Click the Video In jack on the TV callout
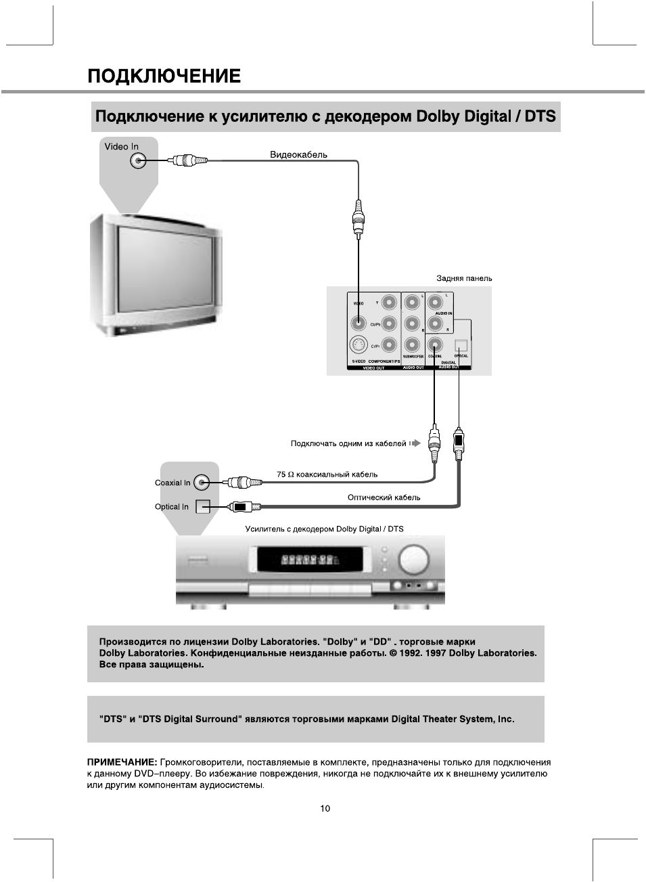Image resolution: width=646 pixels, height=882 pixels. tap(138, 160)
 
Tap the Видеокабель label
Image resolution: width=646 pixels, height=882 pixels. tap(298, 154)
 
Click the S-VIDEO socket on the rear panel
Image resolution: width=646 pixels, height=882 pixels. tap(359, 346)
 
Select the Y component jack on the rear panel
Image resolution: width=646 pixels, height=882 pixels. tap(389, 302)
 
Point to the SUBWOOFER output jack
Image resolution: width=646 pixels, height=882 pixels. tap(413, 345)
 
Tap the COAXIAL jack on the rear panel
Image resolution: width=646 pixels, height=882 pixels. tap(435, 345)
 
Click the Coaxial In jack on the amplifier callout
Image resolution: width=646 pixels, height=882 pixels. tap(202, 483)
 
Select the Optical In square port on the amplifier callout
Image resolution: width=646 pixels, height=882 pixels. tap(202, 506)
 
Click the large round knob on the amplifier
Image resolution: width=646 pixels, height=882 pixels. tap(414, 560)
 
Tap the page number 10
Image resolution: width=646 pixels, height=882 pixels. tap(325, 808)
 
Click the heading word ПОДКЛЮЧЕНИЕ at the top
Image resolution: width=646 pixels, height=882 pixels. tap(164, 75)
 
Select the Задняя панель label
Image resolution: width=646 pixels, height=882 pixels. tap(464, 278)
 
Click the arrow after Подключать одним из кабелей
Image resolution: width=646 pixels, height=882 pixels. tap(415, 443)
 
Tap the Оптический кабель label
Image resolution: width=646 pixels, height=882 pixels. tap(384, 498)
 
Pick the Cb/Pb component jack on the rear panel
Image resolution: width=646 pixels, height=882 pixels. tap(389, 324)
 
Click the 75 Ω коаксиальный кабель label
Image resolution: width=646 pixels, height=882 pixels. tap(327, 475)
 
